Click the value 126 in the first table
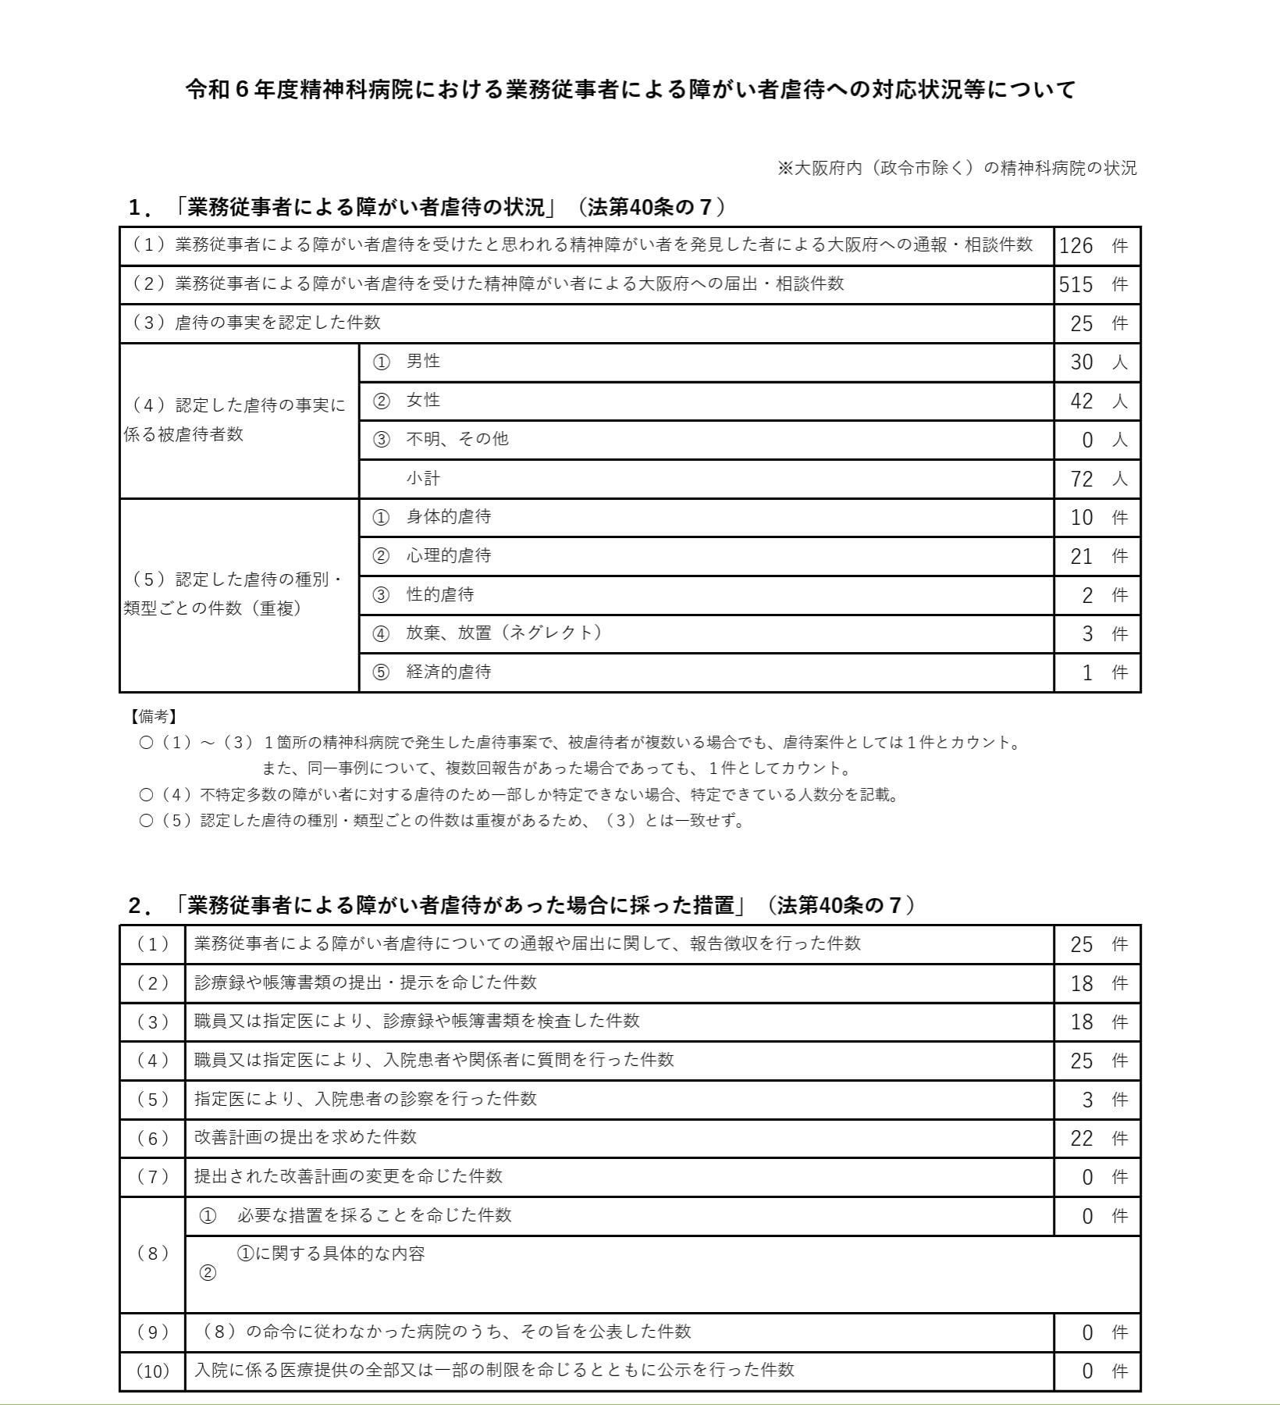tap(1076, 246)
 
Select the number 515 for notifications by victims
tap(1076, 285)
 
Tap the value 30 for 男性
tap(1082, 362)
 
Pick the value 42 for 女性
tap(1082, 401)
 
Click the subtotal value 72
tap(1082, 479)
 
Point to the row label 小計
tap(423, 478)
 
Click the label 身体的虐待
tap(448, 517)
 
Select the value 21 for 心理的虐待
tap(1082, 556)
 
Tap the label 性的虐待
tap(439, 595)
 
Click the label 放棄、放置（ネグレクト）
tap(504, 633)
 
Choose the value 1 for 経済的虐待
tap(1087, 672)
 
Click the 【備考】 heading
tap(153, 716)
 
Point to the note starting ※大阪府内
tap(957, 168)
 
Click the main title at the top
tap(631, 90)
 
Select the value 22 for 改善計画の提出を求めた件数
tap(1082, 1139)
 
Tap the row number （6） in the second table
tap(153, 1139)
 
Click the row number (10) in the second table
tap(153, 1371)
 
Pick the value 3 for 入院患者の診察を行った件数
tap(1087, 1100)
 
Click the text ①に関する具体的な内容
tap(331, 1254)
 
